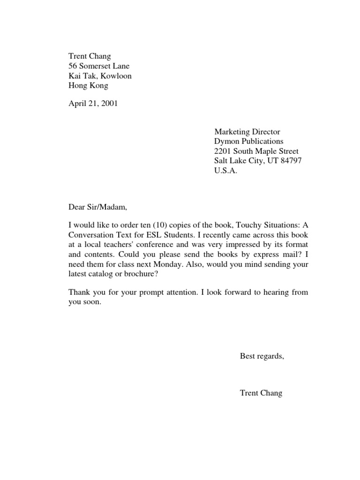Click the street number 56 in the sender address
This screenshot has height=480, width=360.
point(73,66)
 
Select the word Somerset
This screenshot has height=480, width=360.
point(95,66)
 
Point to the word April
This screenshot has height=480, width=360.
point(78,103)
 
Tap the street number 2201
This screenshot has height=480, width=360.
point(223,151)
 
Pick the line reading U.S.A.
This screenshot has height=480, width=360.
point(226,171)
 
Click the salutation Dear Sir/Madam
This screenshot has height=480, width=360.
point(97,205)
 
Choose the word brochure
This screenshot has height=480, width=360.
point(139,274)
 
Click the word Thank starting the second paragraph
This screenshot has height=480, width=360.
point(79,292)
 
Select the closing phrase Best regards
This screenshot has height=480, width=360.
point(262,356)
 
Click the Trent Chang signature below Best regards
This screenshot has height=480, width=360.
point(261,393)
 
